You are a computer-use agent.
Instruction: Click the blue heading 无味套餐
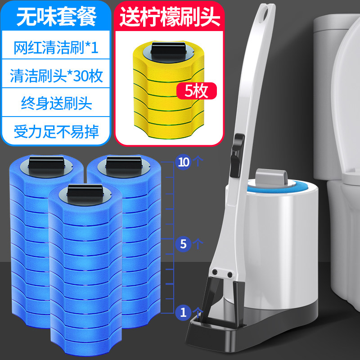57,17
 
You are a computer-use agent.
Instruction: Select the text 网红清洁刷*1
56,48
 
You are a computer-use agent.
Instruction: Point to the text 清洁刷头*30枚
57,76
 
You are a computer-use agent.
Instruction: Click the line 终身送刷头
57,103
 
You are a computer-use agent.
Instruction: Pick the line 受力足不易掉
57,131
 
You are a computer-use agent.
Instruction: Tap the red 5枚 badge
196,91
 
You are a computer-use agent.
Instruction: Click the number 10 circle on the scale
183,162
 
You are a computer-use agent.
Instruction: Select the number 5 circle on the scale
183,244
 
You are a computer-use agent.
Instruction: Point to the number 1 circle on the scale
183,312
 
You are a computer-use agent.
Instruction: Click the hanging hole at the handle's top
266,12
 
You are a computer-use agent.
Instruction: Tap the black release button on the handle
237,155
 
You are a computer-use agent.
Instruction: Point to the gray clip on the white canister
271,176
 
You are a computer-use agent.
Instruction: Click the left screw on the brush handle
215,272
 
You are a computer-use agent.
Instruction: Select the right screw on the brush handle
229,274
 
